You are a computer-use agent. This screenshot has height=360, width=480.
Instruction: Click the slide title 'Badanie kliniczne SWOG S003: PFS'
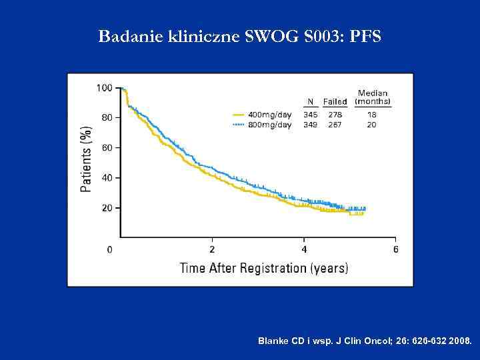pyautogui.click(x=240, y=36)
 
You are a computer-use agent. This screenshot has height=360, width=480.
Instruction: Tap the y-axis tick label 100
pyautogui.click(x=104, y=87)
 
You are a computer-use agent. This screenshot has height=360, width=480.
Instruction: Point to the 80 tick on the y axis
pyautogui.click(x=107, y=117)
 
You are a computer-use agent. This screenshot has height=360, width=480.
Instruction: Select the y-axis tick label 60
pyautogui.click(x=107, y=147)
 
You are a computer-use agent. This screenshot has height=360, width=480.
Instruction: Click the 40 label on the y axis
pyautogui.click(x=107, y=178)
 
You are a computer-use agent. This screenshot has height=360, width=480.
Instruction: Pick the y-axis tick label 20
pyautogui.click(x=107, y=208)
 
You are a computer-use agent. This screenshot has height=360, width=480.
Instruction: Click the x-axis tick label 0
pyautogui.click(x=110, y=250)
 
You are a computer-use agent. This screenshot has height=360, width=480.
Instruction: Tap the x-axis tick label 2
pyautogui.click(x=212, y=250)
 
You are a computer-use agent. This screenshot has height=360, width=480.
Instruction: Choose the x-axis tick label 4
pyautogui.click(x=304, y=250)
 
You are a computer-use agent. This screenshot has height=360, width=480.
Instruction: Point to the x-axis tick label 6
pyautogui.click(x=396, y=250)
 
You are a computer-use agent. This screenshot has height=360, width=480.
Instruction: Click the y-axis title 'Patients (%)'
pyautogui.click(x=86, y=159)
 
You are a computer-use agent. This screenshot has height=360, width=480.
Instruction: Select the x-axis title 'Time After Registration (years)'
pyautogui.click(x=263, y=268)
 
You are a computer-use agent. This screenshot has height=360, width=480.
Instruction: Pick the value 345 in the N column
pyautogui.click(x=311, y=115)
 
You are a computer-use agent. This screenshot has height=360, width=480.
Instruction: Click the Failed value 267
pyautogui.click(x=335, y=125)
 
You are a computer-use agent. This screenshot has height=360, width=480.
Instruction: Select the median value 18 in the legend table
pyautogui.click(x=372, y=115)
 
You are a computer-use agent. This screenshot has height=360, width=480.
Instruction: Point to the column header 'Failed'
pyautogui.click(x=335, y=102)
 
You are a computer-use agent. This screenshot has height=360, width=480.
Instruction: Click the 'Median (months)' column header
pyautogui.click(x=373, y=97)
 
